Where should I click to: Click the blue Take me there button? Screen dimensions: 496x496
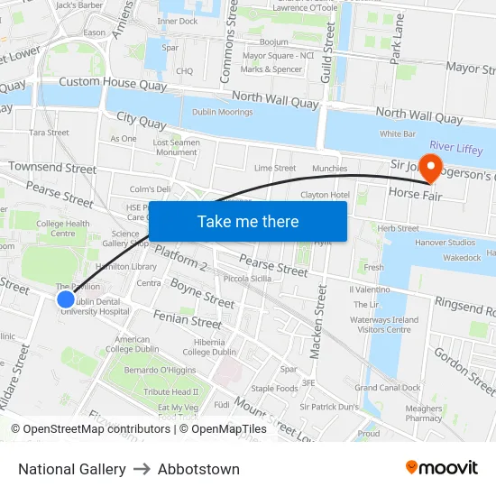point(248,221)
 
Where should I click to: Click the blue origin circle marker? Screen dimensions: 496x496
point(65,299)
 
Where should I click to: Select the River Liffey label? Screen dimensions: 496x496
point(455,145)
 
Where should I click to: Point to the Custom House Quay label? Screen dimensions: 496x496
point(110,82)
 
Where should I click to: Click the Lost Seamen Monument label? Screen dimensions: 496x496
point(176,147)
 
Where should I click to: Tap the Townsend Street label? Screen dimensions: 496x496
point(52,168)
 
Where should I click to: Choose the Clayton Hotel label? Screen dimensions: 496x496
point(325,195)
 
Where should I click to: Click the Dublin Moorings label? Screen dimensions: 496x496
point(221,112)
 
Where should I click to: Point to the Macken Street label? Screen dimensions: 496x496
point(317,320)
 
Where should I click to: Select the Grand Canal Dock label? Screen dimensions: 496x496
point(388,388)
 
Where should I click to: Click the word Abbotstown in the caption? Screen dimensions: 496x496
point(198,469)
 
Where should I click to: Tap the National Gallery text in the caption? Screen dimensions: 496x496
point(72,469)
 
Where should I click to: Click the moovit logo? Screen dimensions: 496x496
point(442,467)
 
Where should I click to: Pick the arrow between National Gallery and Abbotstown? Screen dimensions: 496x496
point(142,469)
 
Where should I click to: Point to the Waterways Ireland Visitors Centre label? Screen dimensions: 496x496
point(385,325)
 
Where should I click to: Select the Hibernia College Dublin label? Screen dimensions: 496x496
point(209,347)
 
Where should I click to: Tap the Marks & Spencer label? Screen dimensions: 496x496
point(271,69)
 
